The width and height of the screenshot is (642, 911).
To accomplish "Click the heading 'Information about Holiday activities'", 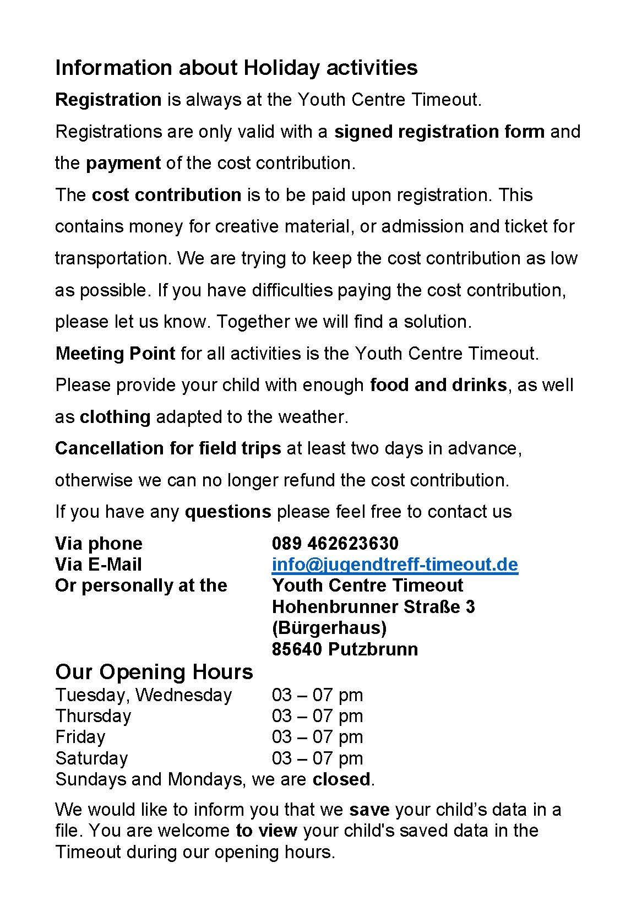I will click(236, 68).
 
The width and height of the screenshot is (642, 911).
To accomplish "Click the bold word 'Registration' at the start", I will click(108, 100).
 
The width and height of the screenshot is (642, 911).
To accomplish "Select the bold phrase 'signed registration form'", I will click(439, 132).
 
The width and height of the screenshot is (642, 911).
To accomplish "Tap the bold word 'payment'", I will click(123, 163).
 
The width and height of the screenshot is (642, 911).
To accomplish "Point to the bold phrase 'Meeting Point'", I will click(115, 353).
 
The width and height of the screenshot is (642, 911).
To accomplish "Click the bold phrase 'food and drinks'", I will click(438, 384).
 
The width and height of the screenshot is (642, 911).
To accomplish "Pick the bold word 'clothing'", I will click(115, 416).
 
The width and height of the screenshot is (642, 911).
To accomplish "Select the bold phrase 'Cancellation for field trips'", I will click(168, 448).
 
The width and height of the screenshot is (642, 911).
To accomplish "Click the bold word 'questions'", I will click(228, 512).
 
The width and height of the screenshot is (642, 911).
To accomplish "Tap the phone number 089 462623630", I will click(335, 544).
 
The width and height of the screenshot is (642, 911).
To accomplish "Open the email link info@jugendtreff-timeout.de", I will click(395, 565).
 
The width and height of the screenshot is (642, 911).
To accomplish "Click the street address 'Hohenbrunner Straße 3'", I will click(373, 607).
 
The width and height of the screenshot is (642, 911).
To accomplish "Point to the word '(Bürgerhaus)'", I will click(329, 628).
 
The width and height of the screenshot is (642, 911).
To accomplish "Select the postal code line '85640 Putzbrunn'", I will click(345, 649).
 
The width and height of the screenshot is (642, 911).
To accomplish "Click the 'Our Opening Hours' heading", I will click(154, 672).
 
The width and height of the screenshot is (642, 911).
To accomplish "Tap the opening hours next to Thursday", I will click(317, 716).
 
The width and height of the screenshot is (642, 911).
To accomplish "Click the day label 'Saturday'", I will click(91, 758).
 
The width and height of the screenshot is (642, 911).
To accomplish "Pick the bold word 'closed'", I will click(341, 779).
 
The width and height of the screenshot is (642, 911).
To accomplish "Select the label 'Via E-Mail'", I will click(99, 565).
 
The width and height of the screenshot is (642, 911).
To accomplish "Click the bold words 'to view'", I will click(266, 830).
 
